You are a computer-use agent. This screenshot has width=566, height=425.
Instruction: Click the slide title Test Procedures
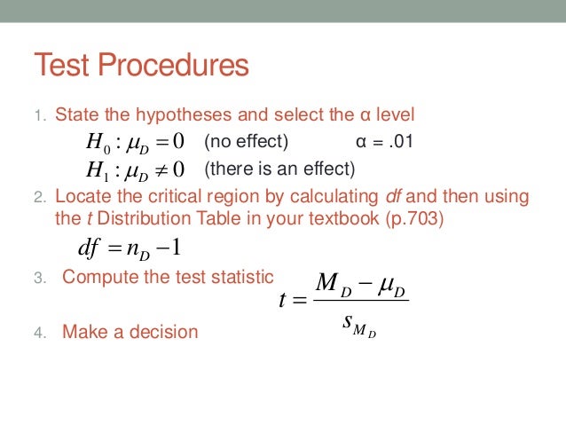click(141, 66)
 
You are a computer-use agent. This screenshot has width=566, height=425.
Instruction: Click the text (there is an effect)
click(279, 169)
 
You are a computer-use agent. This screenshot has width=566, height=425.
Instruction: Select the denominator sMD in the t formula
click(359, 323)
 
